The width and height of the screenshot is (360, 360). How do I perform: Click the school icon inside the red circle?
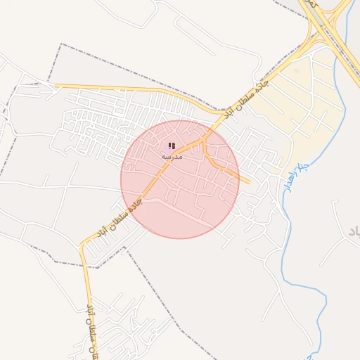(172, 146)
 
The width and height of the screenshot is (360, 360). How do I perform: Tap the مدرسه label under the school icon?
(172, 156)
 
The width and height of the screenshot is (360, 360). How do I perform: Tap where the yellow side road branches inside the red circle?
(203, 143)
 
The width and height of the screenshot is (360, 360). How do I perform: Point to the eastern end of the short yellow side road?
(249, 182)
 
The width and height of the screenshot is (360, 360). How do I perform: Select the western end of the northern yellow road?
(56, 86)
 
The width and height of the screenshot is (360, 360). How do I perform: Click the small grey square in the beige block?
(296, 71)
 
